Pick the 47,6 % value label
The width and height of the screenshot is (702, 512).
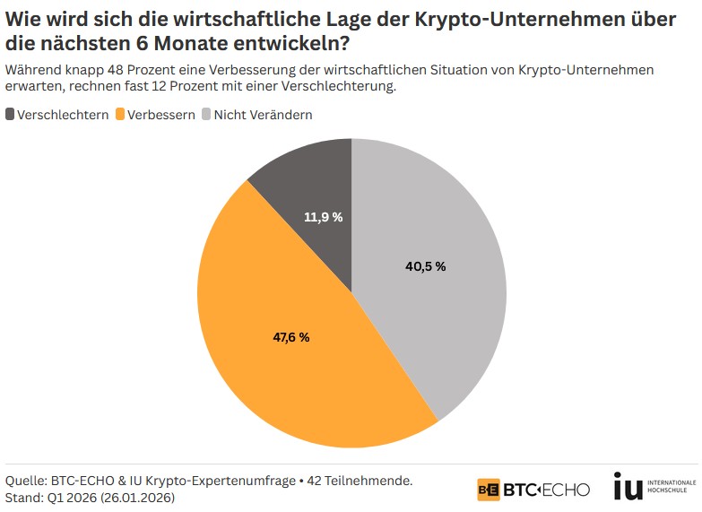[x=291, y=337]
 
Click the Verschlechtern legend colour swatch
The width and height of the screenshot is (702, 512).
[x=10, y=115]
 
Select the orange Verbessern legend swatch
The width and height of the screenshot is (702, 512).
[x=120, y=115]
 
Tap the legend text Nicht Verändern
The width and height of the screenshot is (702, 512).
[x=263, y=115]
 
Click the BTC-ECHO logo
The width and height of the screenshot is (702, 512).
[x=533, y=490]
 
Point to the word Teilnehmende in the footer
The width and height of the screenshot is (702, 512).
[x=370, y=481]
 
